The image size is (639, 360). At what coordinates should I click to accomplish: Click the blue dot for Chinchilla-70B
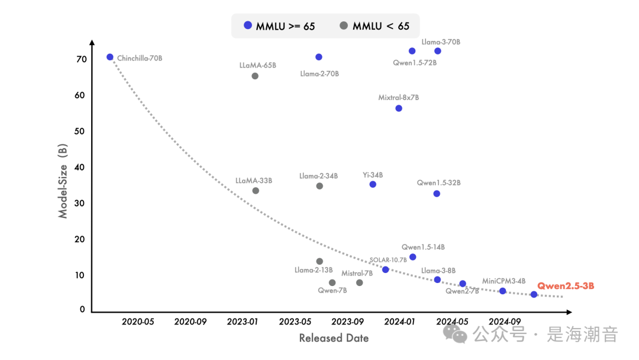110,57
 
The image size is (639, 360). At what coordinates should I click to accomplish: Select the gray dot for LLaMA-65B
255,76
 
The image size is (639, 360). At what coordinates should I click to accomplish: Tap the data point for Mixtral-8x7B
399,108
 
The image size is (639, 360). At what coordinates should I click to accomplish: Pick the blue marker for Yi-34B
373,184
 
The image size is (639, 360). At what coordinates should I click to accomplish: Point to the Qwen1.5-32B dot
437,194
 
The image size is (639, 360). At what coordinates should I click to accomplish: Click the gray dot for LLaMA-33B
256,191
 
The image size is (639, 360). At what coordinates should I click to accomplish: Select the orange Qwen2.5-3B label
566,286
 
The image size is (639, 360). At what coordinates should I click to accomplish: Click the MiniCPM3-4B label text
504,281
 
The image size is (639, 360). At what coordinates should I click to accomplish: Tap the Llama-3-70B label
441,42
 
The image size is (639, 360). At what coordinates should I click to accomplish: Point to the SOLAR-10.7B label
388,259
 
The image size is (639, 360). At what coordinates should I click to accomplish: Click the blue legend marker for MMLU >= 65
248,25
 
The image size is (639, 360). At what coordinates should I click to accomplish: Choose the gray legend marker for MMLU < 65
344,25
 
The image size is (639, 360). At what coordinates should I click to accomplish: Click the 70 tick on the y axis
81,59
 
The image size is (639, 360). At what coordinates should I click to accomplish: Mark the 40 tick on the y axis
81,168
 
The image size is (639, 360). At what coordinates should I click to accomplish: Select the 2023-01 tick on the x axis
243,322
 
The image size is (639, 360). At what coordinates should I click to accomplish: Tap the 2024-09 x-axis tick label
505,322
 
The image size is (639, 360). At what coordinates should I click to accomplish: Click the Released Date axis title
334,338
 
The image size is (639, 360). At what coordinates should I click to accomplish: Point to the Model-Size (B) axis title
63,182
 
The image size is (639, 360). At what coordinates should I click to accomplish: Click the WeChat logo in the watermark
460,335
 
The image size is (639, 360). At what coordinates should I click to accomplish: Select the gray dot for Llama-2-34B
319,186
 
